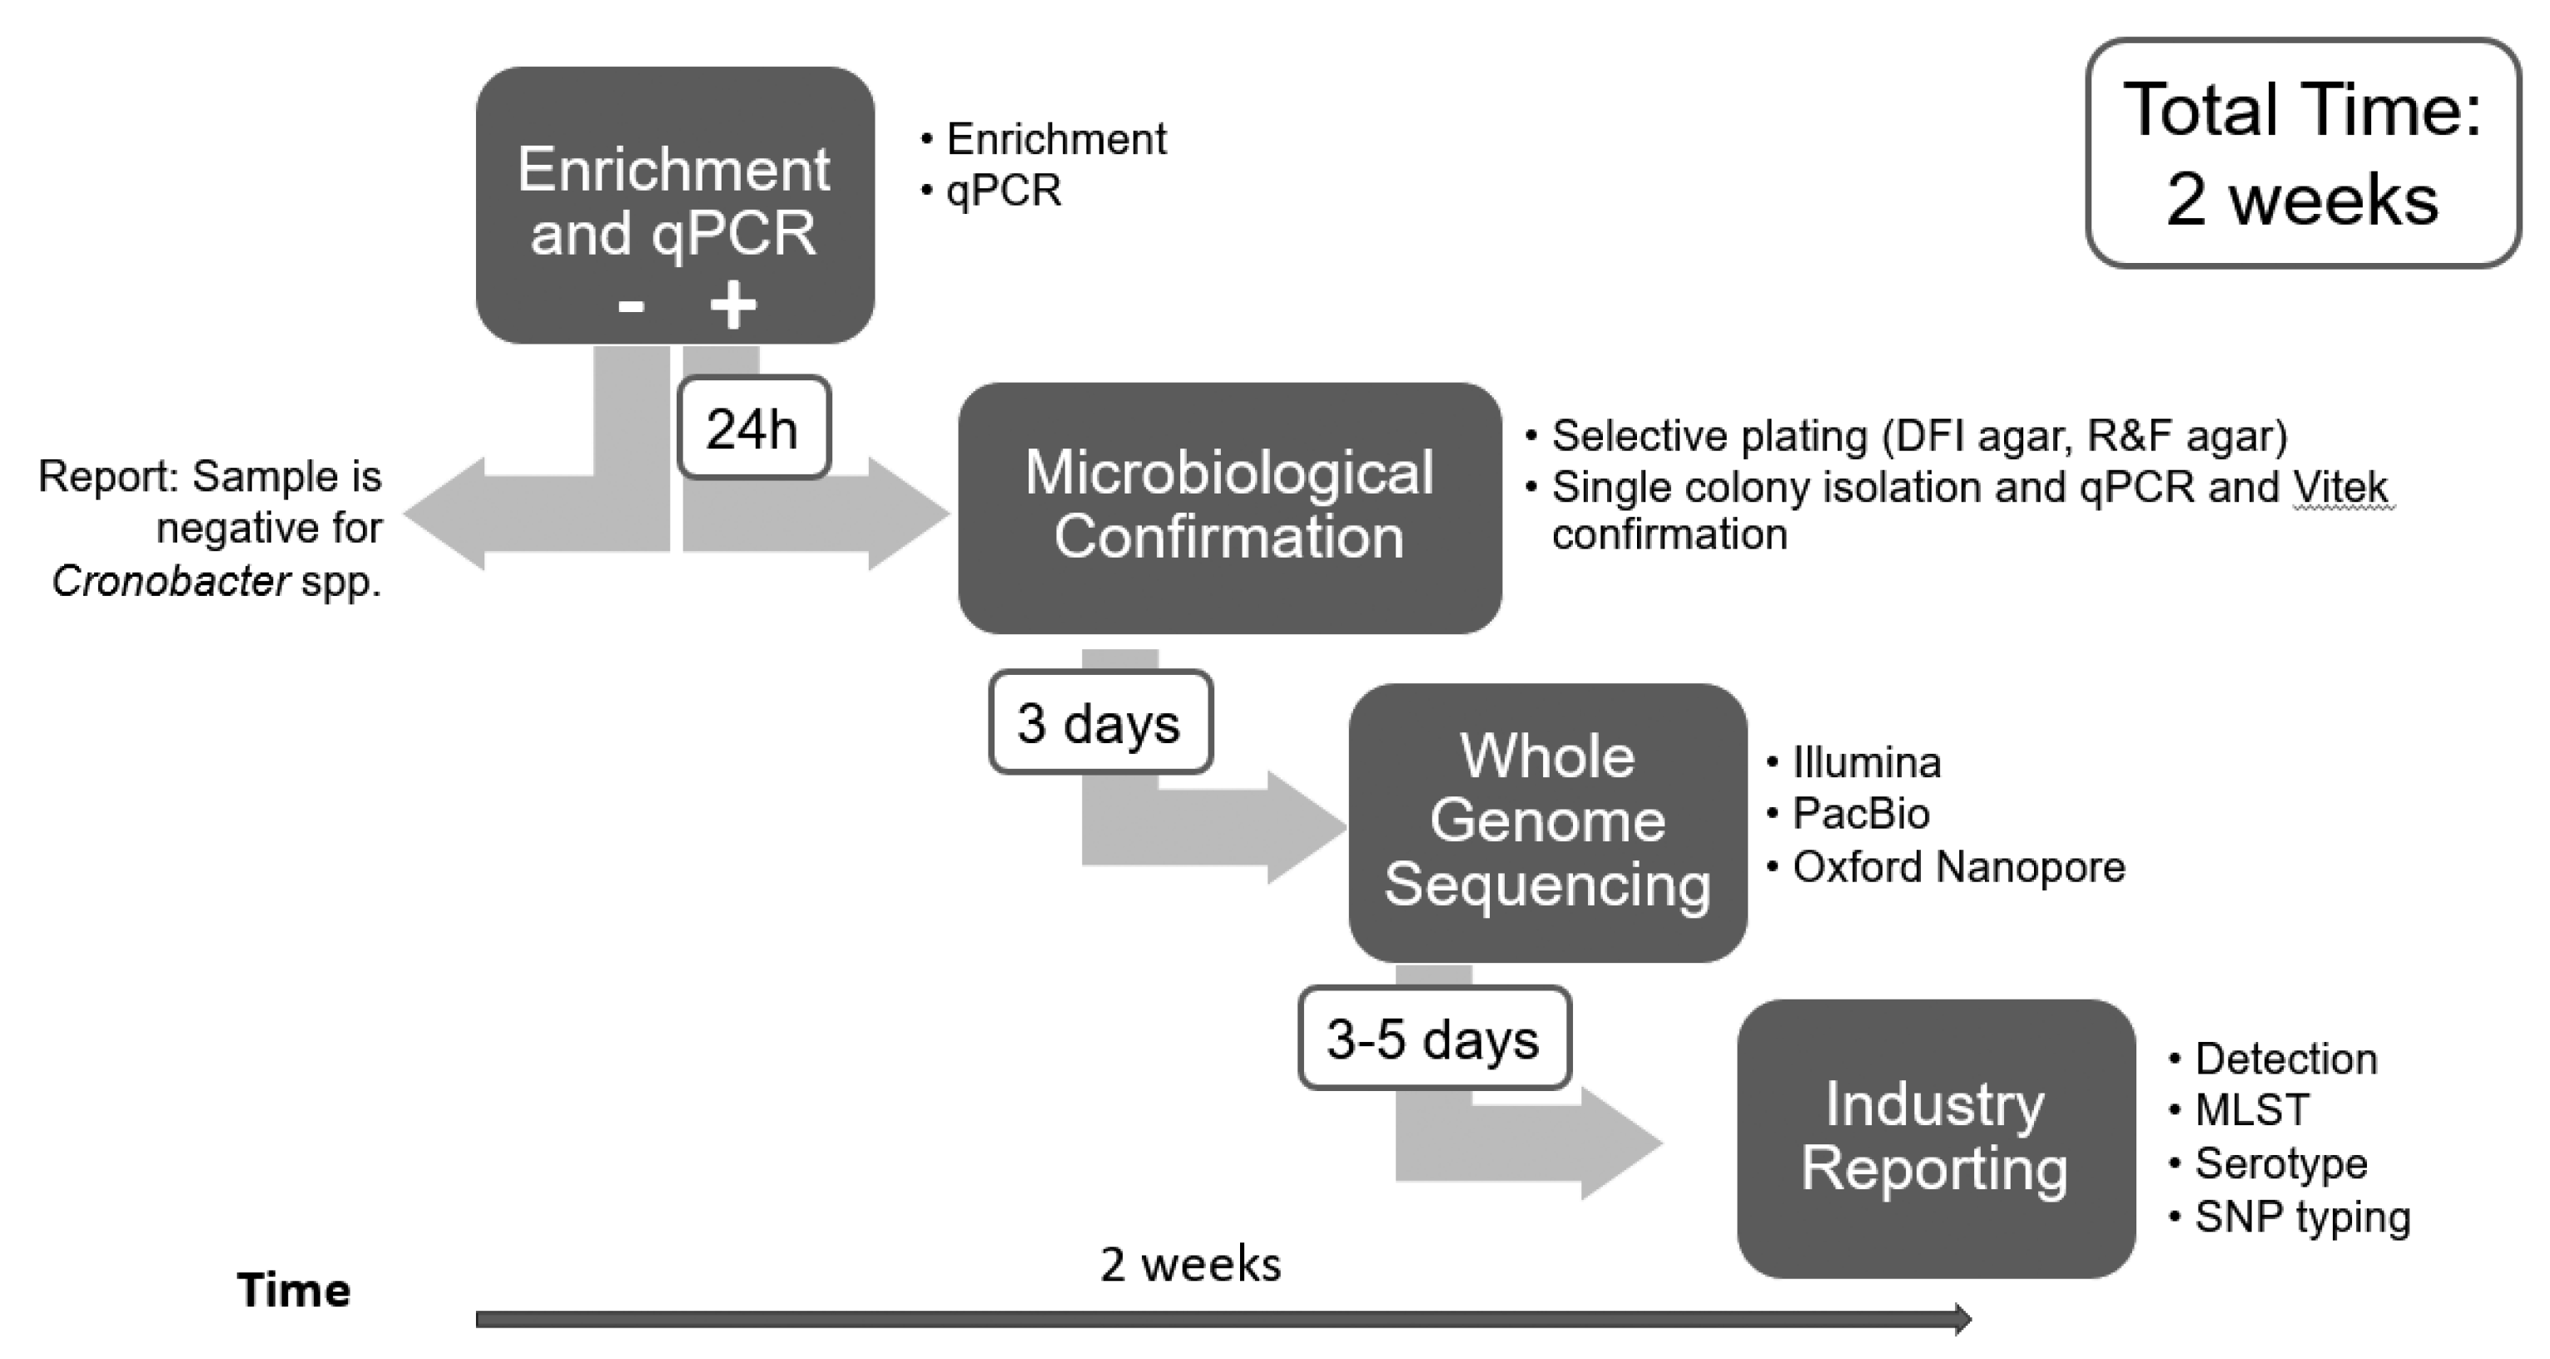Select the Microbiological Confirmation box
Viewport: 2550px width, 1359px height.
click(1228, 507)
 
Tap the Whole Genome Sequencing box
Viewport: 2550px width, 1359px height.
click(1546, 821)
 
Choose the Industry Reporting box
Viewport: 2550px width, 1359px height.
click(1934, 1138)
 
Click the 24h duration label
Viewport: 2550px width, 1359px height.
click(753, 429)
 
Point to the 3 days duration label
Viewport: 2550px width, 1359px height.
click(1099, 722)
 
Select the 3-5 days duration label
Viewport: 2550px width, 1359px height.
click(1433, 1039)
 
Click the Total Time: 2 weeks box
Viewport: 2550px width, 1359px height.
click(2303, 153)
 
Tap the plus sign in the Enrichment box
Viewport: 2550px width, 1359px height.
click(732, 305)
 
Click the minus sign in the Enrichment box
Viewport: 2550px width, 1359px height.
click(631, 306)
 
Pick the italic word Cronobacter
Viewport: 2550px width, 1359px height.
click(171, 581)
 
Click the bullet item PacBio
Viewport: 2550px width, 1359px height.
click(1860, 814)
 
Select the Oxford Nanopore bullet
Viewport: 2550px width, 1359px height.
click(1957, 867)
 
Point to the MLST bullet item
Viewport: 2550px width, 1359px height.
click(2251, 1109)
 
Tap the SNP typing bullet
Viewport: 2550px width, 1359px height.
click(2301, 1217)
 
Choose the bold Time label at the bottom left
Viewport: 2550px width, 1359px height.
click(293, 1291)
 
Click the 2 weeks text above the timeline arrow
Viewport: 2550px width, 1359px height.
click(1190, 1264)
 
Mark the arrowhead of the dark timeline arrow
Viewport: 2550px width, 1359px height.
click(1961, 1318)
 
